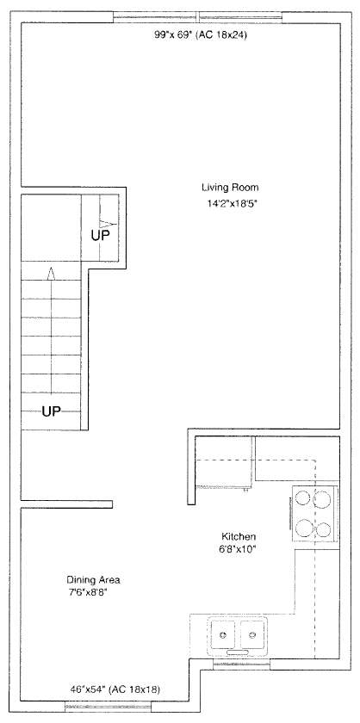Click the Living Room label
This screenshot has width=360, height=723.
230,188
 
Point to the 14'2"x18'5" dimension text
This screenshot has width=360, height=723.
230,203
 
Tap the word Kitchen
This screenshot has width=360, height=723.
239,537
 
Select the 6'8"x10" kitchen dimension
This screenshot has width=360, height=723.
239,549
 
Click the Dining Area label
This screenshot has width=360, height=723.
93,579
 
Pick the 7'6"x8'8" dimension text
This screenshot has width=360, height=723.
88,591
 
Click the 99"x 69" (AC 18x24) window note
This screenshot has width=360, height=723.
201,34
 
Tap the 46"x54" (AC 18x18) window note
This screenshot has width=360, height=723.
115,689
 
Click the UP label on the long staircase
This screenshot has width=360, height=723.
51,411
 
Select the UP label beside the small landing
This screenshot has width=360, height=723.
100,236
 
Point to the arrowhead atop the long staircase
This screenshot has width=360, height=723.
51,273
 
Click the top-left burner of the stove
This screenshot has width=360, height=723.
303,498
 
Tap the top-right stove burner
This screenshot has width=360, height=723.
322,498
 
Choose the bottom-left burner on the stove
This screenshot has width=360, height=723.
303,528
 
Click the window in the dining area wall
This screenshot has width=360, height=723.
108,706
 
